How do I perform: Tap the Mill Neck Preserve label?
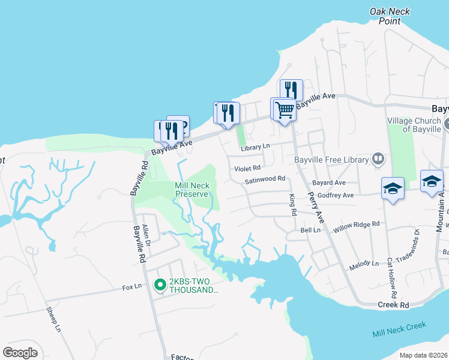point(191,190)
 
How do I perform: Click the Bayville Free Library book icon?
point(378,159)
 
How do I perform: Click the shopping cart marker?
point(284,110)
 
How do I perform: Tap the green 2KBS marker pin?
point(160,285)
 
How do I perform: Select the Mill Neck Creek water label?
point(399,329)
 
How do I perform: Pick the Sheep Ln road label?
point(54,320)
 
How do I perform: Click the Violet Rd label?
point(247,169)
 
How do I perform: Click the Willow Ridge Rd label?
point(357,224)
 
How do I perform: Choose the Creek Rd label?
point(393,305)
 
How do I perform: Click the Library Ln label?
point(255,147)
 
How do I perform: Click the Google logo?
point(20,353)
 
